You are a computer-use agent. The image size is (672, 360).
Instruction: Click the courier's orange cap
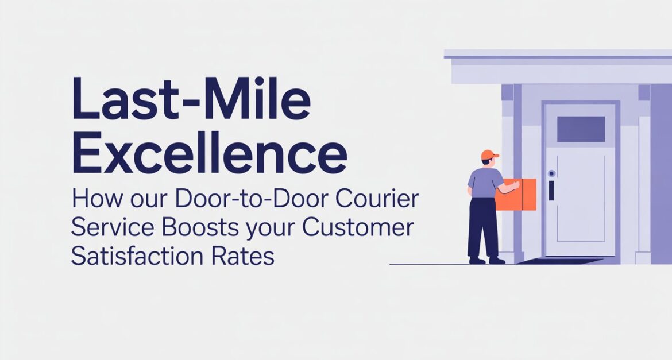click(489, 154)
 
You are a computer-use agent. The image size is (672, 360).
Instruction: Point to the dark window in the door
click(581, 129)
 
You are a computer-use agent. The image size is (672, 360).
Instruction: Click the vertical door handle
click(551, 190)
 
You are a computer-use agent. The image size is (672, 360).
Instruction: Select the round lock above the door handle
click(551, 173)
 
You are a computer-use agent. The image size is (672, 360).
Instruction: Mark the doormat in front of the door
click(559, 261)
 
